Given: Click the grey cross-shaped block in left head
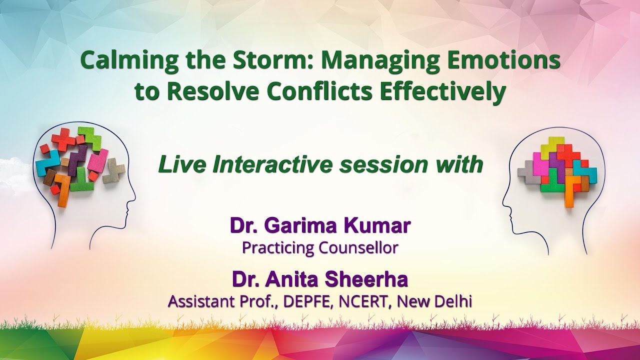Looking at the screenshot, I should (x=113, y=170).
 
